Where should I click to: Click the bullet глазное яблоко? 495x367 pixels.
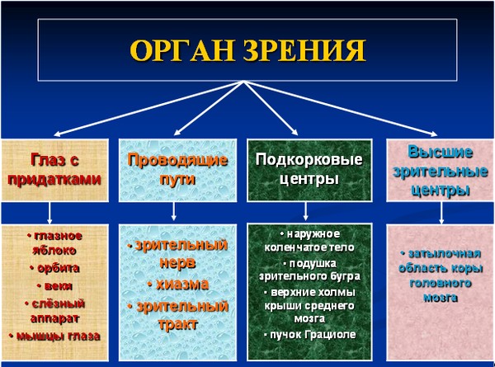click(x=55, y=242)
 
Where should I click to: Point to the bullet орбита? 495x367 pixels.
click(x=55, y=268)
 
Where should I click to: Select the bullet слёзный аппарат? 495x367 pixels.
click(x=55, y=310)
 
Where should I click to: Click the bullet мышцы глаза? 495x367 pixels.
click(x=55, y=336)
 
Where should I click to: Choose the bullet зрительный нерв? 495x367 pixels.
click(x=177, y=253)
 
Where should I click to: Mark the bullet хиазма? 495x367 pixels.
click(x=177, y=285)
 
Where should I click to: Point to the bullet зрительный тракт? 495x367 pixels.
click(x=177, y=314)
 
